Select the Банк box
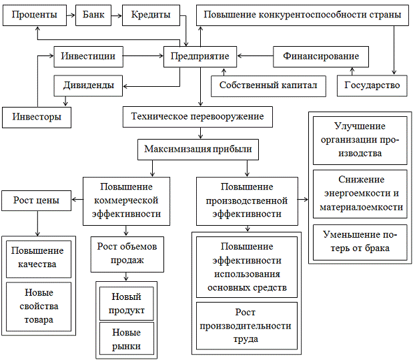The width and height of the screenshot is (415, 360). coord(94,15)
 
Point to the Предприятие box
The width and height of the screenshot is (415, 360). coord(200,57)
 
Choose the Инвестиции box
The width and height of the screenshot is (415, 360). coord(89,57)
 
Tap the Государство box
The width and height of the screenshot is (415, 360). coord(372,85)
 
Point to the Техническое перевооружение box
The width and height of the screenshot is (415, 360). coord(198,117)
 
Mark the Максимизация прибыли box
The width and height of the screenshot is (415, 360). coord(198,148)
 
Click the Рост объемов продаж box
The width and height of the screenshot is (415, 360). coord(126,253)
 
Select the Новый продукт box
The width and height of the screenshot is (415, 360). coord(126,302)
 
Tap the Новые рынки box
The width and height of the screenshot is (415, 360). coord(126,339)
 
